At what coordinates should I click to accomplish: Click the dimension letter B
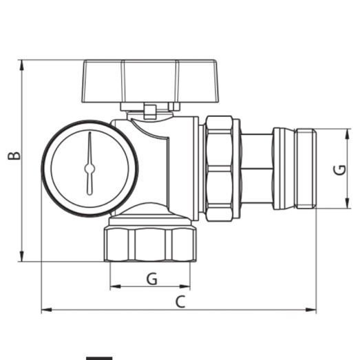[x=14, y=156]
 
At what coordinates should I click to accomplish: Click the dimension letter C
[x=180, y=301]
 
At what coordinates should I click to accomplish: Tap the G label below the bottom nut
[x=151, y=278]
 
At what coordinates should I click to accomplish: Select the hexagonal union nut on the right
[x=220, y=169]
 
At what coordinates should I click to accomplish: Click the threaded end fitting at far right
[x=295, y=169]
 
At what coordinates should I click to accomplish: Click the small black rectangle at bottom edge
[x=99, y=357]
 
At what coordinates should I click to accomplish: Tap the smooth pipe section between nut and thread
[x=257, y=169]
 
